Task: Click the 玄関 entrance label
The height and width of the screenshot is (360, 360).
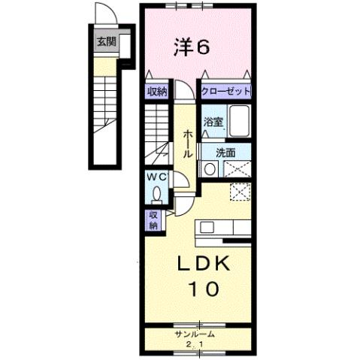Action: pos(105,42)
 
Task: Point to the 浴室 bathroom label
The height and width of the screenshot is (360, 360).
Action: pos(211,121)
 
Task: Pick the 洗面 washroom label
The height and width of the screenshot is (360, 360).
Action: pos(225,152)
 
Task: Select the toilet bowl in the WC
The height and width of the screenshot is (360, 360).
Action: pos(156,195)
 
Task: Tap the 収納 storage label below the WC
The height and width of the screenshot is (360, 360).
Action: pos(153,220)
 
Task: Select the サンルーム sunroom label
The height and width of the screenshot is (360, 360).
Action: pos(195,334)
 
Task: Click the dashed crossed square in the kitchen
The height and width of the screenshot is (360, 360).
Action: pos(239,192)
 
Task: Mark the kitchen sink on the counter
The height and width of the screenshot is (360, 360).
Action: pos(207,228)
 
